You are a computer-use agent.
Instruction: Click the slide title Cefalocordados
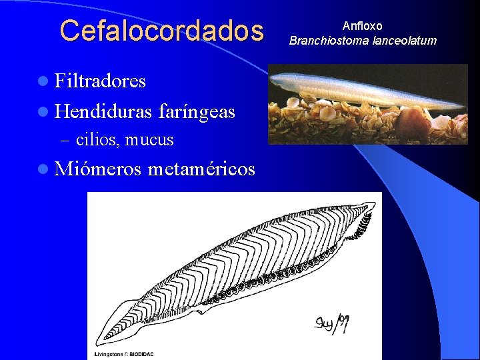[162, 31]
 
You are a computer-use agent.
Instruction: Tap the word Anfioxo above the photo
[362, 26]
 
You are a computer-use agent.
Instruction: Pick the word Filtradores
[100, 81]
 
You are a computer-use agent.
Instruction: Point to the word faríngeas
[197, 112]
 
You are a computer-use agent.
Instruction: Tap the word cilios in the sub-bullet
[97, 140]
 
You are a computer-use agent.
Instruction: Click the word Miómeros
[98, 169]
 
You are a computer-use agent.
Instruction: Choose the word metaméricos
[201, 169]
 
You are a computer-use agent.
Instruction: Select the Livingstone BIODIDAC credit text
[124, 354]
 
